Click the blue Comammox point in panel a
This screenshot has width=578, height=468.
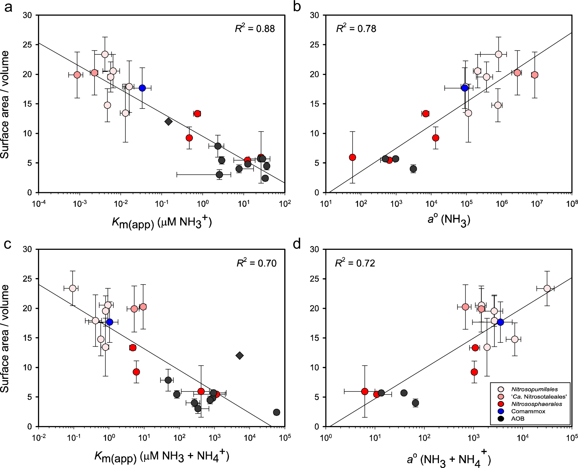(x=142, y=88)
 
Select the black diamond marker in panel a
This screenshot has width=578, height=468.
(x=168, y=122)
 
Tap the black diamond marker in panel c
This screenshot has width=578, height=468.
(x=240, y=356)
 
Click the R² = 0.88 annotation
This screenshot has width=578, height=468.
(x=255, y=29)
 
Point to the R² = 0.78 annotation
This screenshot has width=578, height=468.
(x=356, y=29)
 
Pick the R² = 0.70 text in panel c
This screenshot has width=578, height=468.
(x=256, y=263)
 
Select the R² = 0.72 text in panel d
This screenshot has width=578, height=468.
(x=355, y=263)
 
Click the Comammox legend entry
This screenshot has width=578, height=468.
(x=528, y=411)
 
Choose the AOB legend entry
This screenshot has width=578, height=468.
(x=517, y=419)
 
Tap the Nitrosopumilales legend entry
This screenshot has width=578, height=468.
(x=534, y=389)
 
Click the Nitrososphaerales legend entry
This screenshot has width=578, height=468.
(x=537, y=404)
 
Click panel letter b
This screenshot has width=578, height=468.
(x=297, y=7)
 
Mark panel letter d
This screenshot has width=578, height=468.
(x=297, y=244)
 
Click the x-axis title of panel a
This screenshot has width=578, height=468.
(x=162, y=223)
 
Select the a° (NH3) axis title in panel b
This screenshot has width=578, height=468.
(x=449, y=220)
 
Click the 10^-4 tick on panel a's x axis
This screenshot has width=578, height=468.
(x=39, y=204)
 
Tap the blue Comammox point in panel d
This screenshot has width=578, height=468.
(x=500, y=322)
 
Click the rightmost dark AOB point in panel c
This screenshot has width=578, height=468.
(x=276, y=412)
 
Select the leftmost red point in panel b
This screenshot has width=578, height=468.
(x=352, y=157)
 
